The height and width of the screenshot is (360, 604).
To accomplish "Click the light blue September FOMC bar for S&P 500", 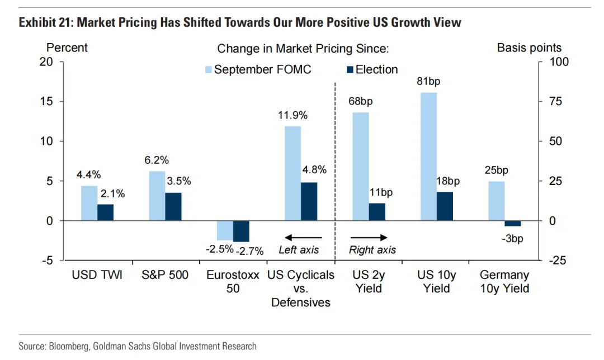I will click(158, 196).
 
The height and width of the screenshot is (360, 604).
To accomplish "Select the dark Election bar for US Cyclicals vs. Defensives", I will click(309, 202).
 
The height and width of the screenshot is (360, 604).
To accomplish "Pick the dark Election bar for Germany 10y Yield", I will click(512, 224).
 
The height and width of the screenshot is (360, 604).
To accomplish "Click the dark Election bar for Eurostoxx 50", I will click(242, 231).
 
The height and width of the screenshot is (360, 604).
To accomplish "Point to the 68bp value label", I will click(361, 102).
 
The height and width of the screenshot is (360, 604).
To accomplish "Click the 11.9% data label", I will click(292, 116).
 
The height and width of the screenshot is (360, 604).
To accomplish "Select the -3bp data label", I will click(512, 239).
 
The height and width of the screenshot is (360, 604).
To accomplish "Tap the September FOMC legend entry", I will click(258, 70).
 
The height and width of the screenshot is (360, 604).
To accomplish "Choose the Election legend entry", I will click(372, 70).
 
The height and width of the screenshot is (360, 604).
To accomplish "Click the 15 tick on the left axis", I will click(47, 102).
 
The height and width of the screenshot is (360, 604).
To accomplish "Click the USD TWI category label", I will click(97, 275).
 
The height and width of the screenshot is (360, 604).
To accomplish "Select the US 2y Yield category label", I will click(368, 282).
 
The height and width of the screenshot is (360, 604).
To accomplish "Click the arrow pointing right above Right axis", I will click(369, 237).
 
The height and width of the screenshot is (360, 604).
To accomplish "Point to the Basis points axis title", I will click(529, 48).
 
